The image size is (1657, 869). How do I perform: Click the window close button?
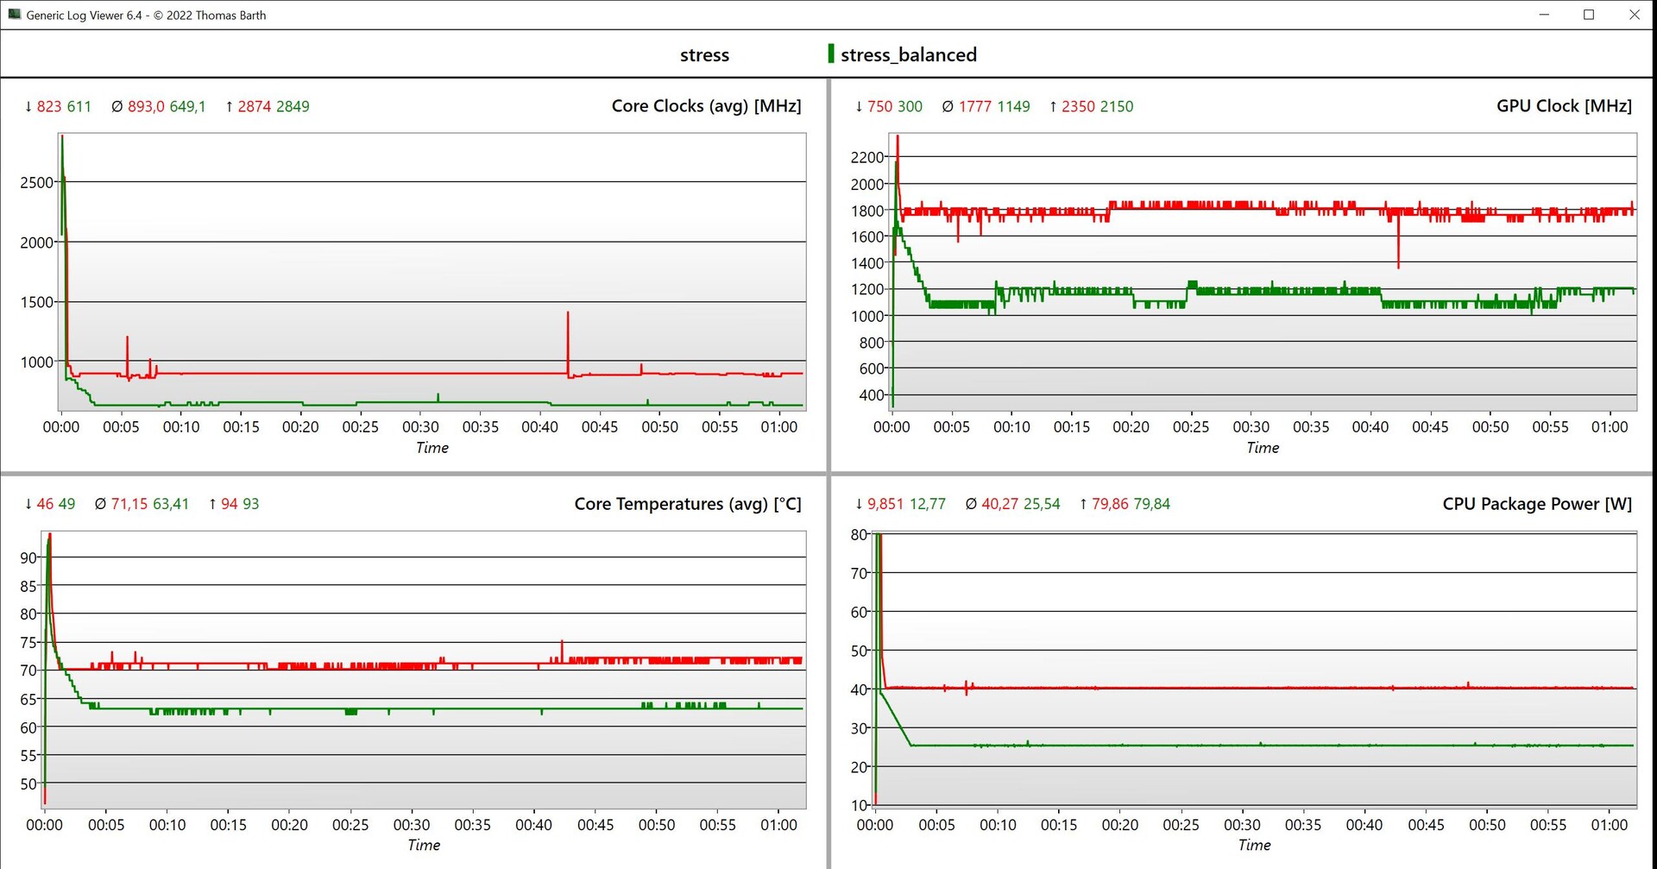point(1634,15)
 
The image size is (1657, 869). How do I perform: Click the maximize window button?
point(1589,15)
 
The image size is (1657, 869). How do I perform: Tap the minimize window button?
point(1544,15)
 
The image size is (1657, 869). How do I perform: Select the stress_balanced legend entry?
point(907,55)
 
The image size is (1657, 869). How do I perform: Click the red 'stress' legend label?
point(704,55)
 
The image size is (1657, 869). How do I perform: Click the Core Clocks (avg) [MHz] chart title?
point(706,106)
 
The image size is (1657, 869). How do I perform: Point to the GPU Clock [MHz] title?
point(1564,106)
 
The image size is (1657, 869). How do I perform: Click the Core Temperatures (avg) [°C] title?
point(688,504)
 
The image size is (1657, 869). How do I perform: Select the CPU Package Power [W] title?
point(1537,504)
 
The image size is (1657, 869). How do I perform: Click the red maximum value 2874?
point(255,107)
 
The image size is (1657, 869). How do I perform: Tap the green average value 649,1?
point(187,107)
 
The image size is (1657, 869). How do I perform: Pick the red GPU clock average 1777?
point(975,107)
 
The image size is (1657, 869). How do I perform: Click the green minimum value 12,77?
point(928,504)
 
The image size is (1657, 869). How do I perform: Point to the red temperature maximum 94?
point(230,504)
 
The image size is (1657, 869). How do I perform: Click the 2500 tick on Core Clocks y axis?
point(36,183)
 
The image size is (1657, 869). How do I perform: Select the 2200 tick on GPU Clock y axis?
point(866,157)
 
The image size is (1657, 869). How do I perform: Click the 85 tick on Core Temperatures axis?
point(28,586)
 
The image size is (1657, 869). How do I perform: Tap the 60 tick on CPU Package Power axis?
point(859,612)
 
